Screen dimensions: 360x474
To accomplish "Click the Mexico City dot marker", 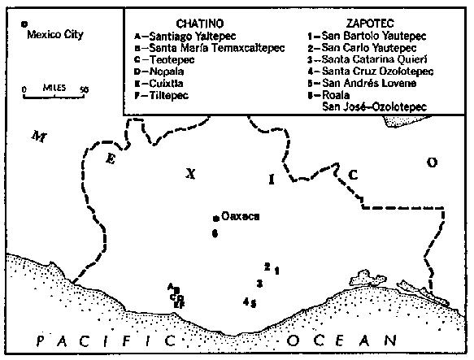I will coord(24,24).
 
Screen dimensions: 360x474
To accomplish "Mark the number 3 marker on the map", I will coord(259,282).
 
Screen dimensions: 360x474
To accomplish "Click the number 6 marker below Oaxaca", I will coord(215,233).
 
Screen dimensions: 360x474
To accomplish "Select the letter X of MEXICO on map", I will coord(191,173).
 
